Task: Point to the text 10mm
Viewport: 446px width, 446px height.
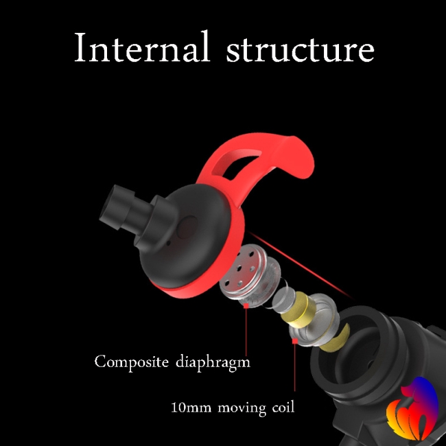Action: pyautogui.click(x=191, y=407)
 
